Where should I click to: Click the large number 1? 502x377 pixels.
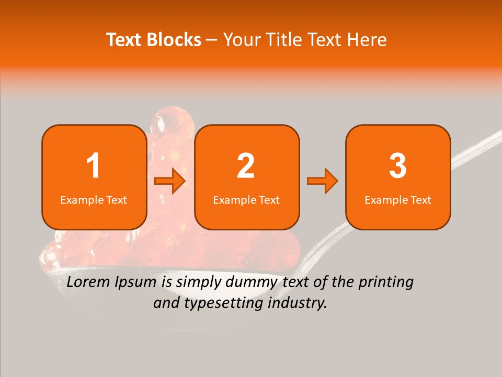click(x=94, y=166)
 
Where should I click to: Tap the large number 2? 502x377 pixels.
click(x=246, y=166)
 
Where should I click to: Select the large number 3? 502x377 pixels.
click(x=398, y=166)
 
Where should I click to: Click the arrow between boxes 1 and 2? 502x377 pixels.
click(x=170, y=181)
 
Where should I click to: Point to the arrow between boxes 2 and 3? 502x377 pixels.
click(x=323, y=181)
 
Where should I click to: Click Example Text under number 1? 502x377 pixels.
click(x=94, y=199)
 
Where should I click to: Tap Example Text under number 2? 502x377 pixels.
click(x=246, y=199)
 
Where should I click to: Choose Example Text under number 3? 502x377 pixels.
click(x=398, y=199)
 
